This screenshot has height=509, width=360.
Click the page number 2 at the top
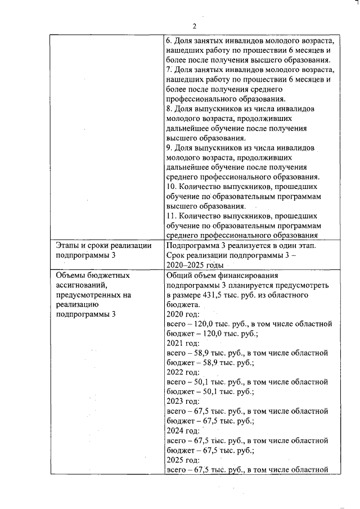[194, 26]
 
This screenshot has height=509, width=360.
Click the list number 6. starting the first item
[170, 42]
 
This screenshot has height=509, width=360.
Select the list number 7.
[170, 70]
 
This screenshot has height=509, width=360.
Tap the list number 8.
[170, 108]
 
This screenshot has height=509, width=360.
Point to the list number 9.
[170, 147]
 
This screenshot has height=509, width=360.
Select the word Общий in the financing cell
[181, 276]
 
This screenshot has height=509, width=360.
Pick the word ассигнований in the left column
[82, 285]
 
